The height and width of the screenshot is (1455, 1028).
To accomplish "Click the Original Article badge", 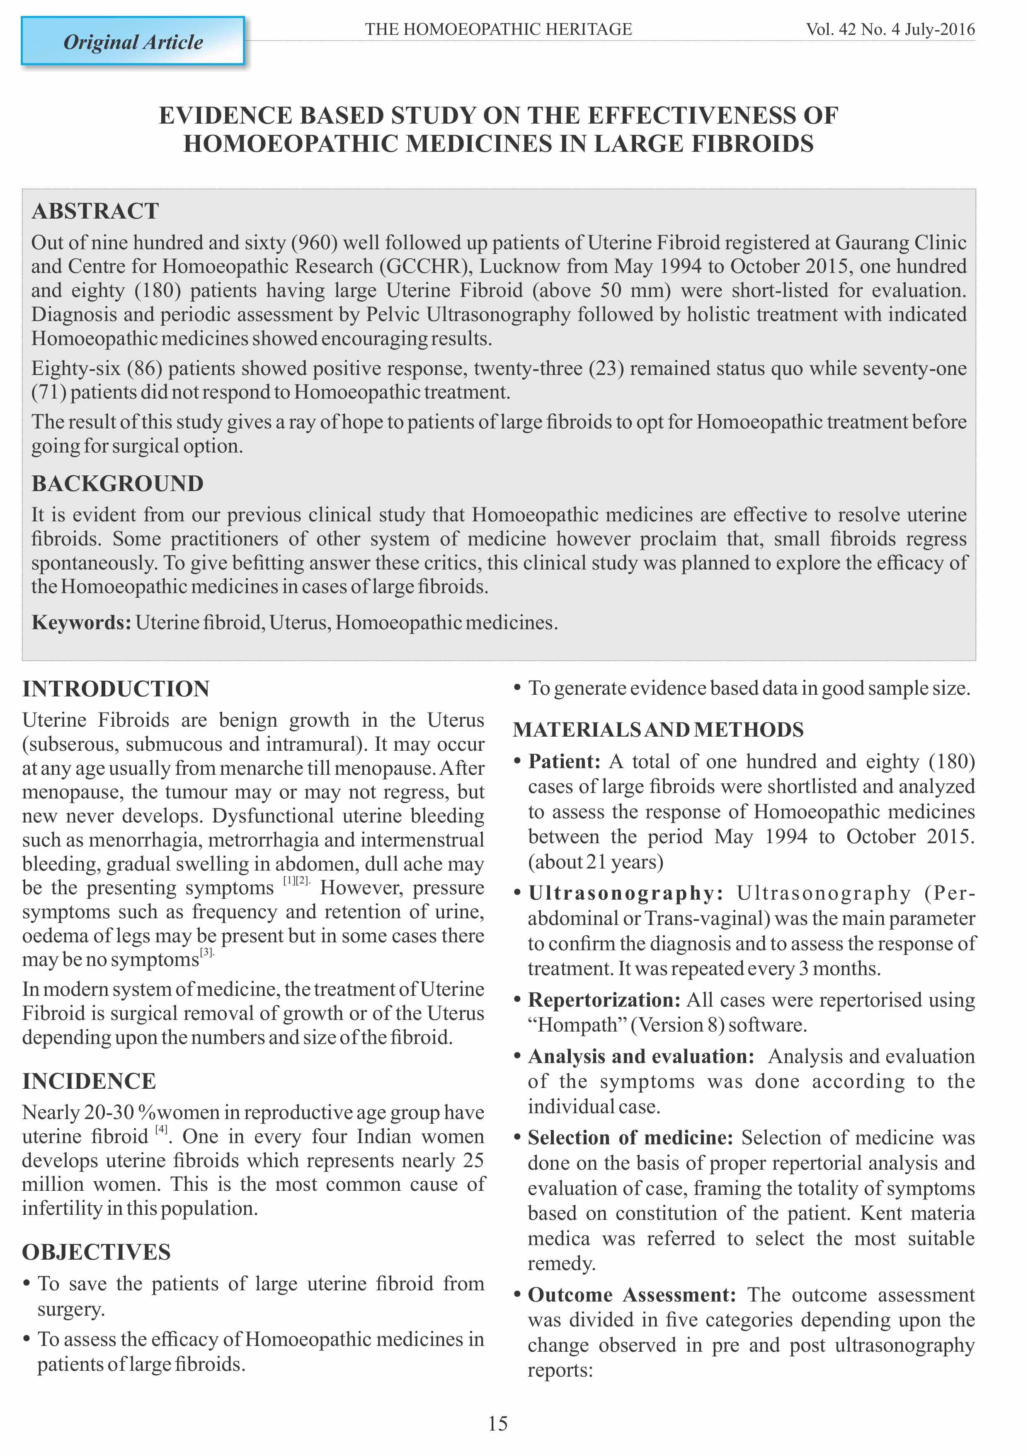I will pyautogui.click(x=133, y=42).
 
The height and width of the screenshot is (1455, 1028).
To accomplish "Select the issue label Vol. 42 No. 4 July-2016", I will pyautogui.click(x=890, y=29).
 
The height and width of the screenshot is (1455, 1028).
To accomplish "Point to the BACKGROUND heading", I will pyautogui.click(x=117, y=484).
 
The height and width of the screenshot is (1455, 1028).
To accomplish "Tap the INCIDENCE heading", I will pyautogui.click(x=89, y=1081).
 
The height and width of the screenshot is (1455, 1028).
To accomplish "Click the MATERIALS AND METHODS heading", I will pyautogui.click(x=658, y=730).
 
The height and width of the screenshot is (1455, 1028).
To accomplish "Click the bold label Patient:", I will pyautogui.click(x=564, y=761).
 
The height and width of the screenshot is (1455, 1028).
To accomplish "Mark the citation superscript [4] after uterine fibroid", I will pyautogui.click(x=161, y=1129).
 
